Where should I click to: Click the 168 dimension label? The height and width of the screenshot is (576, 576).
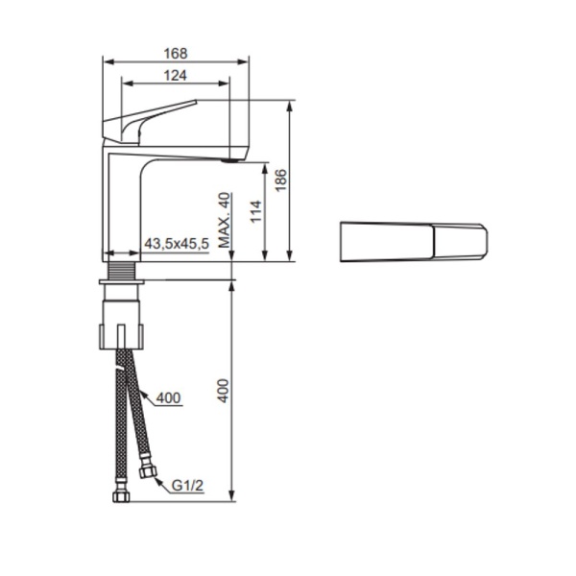point(176,54)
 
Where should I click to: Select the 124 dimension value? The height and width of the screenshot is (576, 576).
point(174,75)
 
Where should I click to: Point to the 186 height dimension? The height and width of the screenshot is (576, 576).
point(280,180)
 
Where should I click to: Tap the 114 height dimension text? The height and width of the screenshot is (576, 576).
point(255,212)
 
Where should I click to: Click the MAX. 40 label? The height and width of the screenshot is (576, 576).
point(225,220)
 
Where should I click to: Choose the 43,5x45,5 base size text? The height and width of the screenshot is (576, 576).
point(177,245)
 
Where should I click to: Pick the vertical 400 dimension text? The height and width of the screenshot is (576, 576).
point(224,389)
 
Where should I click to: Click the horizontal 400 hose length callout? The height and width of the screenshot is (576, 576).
point(168,397)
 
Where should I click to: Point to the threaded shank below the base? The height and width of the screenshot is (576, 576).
point(121,271)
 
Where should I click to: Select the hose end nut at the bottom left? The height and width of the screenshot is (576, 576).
point(121,496)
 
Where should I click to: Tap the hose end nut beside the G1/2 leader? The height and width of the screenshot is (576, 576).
point(148,470)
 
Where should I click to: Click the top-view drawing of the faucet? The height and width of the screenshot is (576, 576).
point(414,241)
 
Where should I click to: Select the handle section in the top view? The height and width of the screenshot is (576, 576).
point(460,241)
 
